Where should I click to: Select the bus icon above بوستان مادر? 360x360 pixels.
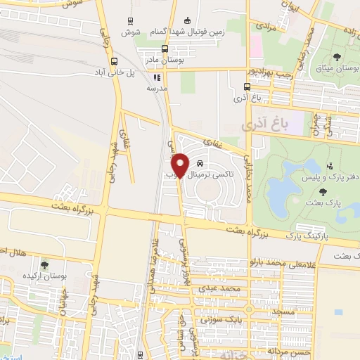[x=164, y=49]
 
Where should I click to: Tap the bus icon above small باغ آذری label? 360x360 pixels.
[x=246, y=87]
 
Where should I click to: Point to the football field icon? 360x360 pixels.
[x=186, y=21]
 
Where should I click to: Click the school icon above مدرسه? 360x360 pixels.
[x=157, y=78]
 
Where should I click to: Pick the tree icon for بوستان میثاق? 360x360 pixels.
[x=338, y=56]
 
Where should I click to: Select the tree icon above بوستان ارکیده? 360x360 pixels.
[x=44, y=265]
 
